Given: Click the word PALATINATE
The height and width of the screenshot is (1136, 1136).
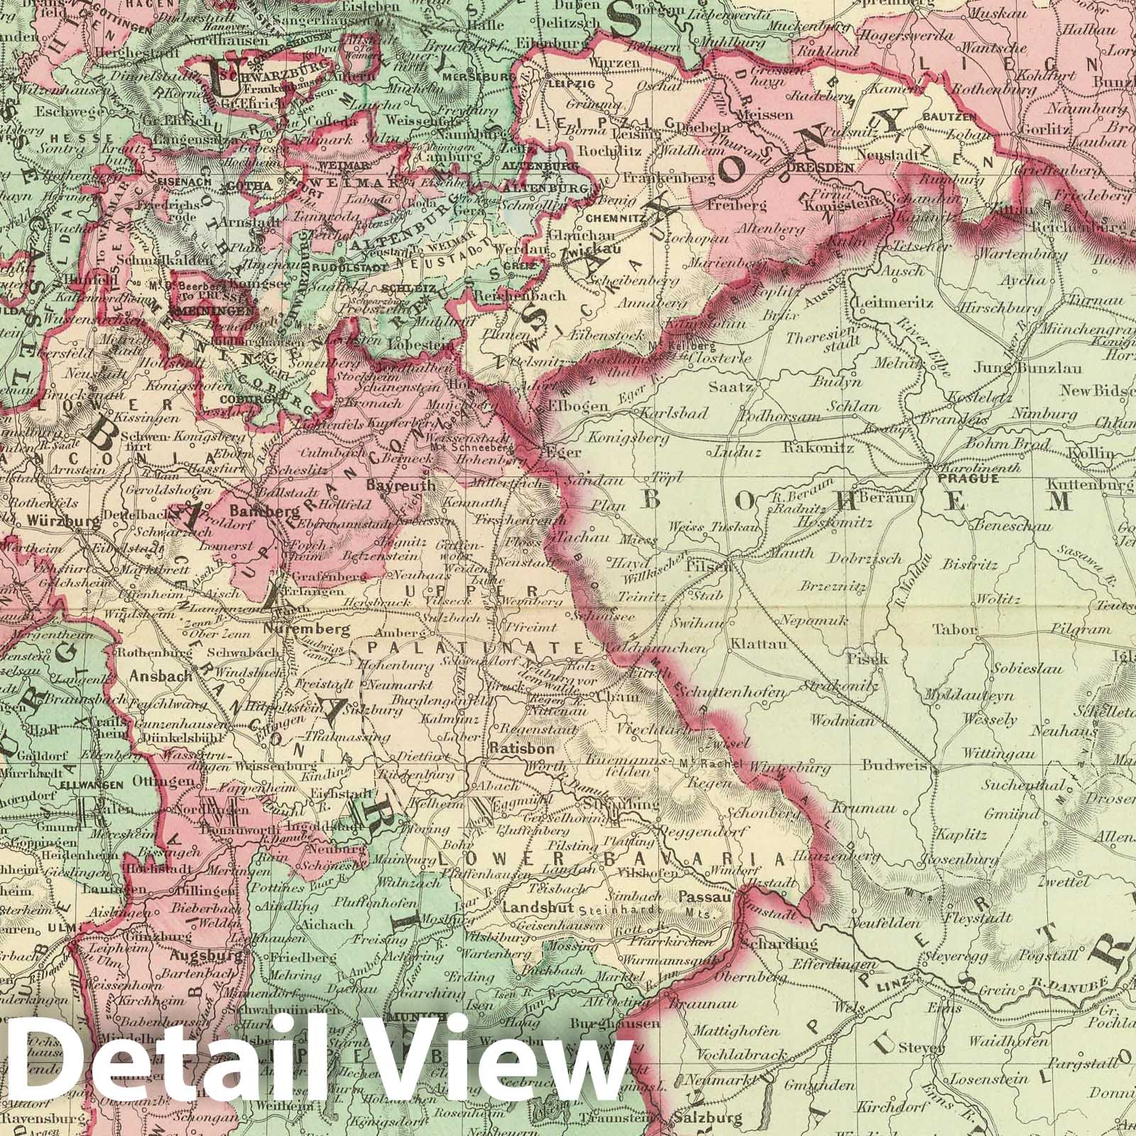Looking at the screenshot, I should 476,648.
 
